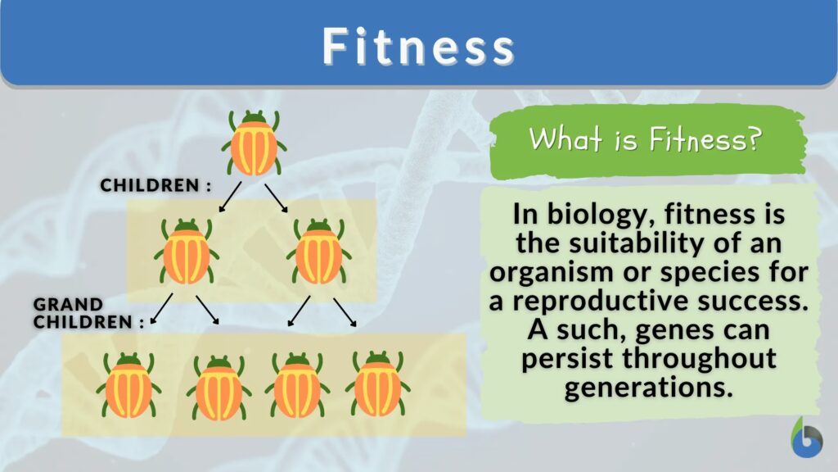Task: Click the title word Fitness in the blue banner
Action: (418, 46)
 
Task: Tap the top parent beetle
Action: (254, 143)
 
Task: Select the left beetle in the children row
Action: (186, 251)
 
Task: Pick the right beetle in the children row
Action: (318, 251)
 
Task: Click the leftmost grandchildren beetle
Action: (128, 385)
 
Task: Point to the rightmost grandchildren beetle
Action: (377, 384)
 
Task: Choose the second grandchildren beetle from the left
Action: (219, 388)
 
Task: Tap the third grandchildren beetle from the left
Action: (297, 385)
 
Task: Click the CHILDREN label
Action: (155, 185)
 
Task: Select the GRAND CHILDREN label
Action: (88, 313)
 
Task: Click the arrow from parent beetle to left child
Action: (230, 197)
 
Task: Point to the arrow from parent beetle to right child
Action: (277, 198)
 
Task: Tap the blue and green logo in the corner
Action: (807, 438)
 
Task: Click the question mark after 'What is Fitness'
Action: (754, 139)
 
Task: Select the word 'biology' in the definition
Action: (601, 216)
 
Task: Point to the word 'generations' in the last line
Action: (648, 388)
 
